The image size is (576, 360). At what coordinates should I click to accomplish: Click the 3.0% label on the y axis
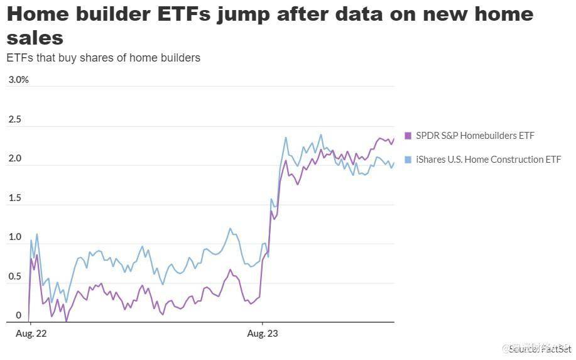click(18, 80)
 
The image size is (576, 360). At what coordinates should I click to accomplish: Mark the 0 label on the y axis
click(9, 315)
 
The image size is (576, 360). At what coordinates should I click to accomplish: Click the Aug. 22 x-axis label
click(30, 334)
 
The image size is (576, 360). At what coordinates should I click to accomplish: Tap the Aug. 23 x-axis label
click(263, 334)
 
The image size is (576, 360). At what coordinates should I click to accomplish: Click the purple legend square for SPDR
click(408, 135)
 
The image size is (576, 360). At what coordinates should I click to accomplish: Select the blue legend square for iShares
click(408, 160)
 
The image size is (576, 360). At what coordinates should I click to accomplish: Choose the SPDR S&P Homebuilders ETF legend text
click(475, 135)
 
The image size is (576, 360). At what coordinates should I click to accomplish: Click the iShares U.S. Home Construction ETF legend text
click(488, 160)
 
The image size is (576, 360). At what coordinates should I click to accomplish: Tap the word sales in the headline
click(35, 38)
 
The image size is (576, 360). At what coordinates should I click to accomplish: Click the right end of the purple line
click(394, 139)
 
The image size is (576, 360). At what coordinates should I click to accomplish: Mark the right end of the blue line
click(394, 164)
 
